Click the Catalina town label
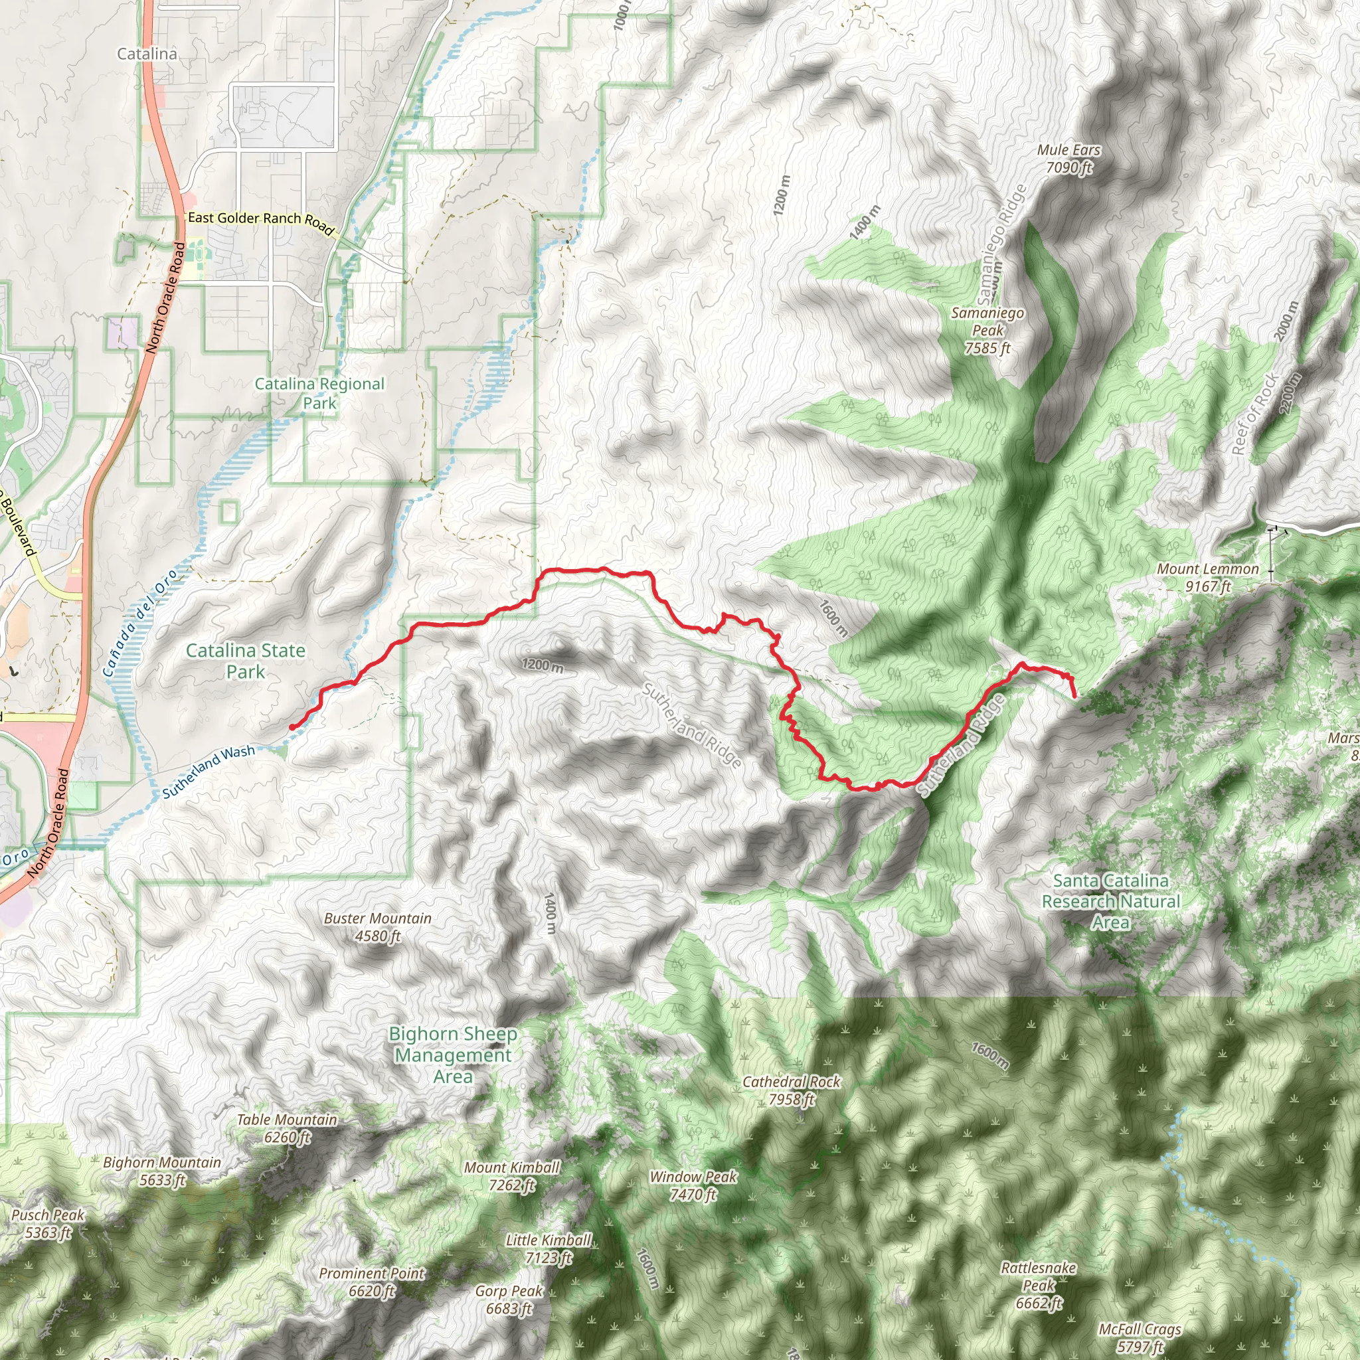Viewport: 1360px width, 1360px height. pyautogui.click(x=147, y=54)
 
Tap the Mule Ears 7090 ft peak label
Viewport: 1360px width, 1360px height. pyautogui.click(x=1068, y=159)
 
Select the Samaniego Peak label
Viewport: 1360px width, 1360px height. pyautogui.click(x=987, y=330)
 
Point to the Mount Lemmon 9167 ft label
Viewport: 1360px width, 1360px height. pyautogui.click(x=1208, y=577)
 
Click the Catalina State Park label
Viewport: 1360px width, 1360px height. pyautogui.click(x=246, y=660)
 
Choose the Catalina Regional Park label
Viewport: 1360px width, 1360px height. pyautogui.click(x=319, y=393)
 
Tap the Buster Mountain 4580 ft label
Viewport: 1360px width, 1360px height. pyautogui.click(x=377, y=926)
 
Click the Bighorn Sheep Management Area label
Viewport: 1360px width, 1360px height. pyautogui.click(x=453, y=1055)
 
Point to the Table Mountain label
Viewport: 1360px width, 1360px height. pyautogui.click(x=287, y=1128)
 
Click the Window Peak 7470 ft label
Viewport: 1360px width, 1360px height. pyautogui.click(x=693, y=1185)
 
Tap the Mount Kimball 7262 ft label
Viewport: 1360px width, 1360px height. pyautogui.click(x=512, y=1175)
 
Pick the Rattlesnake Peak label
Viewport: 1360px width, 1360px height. pyautogui.click(x=1039, y=1286)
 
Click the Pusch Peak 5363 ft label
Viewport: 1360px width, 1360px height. pyautogui.click(x=48, y=1223)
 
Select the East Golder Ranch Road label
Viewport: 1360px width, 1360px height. pyautogui.click(x=260, y=221)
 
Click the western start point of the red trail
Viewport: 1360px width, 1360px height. pyautogui.click(x=292, y=727)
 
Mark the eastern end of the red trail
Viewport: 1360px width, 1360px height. pyautogui.click(x=1076, y=696)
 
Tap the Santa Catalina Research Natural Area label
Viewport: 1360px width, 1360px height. pyautogui.click(x=1111, y=901)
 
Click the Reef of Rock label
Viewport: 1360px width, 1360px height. pyautogui.click(x=1254, y=414)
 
